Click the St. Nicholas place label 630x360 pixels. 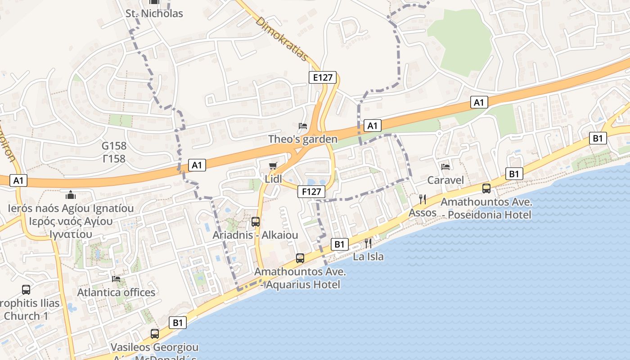point(154,13)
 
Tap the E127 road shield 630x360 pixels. point(323,77)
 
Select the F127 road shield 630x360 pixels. point(311,192)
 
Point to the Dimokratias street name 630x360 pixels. point(282,39)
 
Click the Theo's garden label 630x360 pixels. point(303,139)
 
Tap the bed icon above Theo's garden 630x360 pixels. point(303,126)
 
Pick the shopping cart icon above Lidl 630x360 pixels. point(273,166)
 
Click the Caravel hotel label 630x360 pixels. point(445,180)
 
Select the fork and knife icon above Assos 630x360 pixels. point(423,199)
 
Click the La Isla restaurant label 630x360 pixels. point(368,256)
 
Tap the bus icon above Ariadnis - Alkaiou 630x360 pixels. point(255,221)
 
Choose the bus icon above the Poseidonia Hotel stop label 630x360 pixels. point(486,189)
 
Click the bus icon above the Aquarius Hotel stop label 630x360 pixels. point(300,258)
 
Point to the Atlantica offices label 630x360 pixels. point(116,292)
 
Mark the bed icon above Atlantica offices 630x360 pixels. point(116,279)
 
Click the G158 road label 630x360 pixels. point(114,146)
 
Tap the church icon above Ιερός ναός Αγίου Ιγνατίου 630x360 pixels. point(71,195)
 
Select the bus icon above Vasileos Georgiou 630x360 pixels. point(155,334)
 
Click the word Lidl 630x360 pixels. point(273,179)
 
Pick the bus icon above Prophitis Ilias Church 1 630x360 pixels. point(26,290)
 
